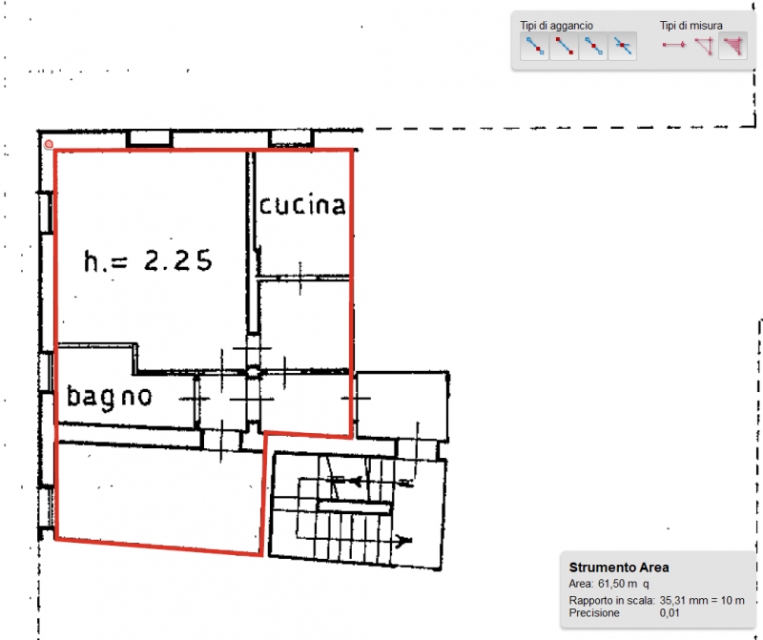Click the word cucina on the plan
[301, 205]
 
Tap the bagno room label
[110, 396]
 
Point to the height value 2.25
[177, 260]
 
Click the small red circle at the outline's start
[49, 144]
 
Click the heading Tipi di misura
[691, 26]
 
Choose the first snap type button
[534, 46]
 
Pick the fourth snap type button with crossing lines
[622, 46]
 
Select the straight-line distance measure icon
[674, 46]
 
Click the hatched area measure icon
[732, 46]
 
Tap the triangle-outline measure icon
[704, 46]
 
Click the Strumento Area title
[618, 568]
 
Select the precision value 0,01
[672, 614]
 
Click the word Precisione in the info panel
[597, 614]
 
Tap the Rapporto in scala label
[611, 601]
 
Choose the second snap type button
[564, 46]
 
